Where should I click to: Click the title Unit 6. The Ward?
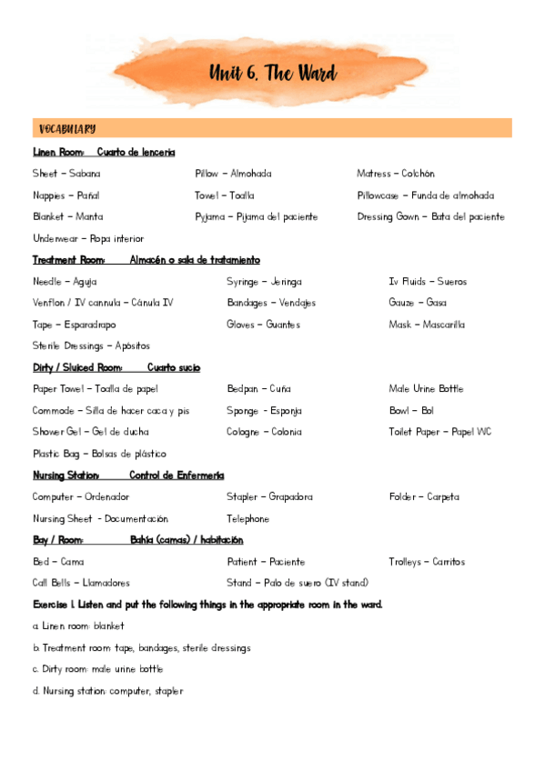click(x=272, y=74)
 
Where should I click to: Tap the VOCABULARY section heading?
click(x=68, y=129)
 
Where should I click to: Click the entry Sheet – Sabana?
click(x=66, y=174)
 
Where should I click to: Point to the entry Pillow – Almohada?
click(x=233, y=174)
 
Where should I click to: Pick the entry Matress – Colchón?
click(x=396, y=174)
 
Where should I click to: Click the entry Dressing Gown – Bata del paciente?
click(x=430, y=217)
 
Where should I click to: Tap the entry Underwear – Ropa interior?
click(x=88, y=239)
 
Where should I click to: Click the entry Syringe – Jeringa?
click(x=264, y=282)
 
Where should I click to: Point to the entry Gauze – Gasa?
click(x=418, y=303)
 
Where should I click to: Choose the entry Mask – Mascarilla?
click(x=427, y=325)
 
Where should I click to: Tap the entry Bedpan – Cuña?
click(x=260, y=389)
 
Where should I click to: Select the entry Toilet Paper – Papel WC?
click(x=439, y=432)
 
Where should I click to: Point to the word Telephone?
click(x=247, y=519)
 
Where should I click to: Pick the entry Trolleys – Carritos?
click(x=427, y=562)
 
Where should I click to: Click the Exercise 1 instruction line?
click(x=207, y=605)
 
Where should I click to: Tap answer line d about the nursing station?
click(x=107, y=691)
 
